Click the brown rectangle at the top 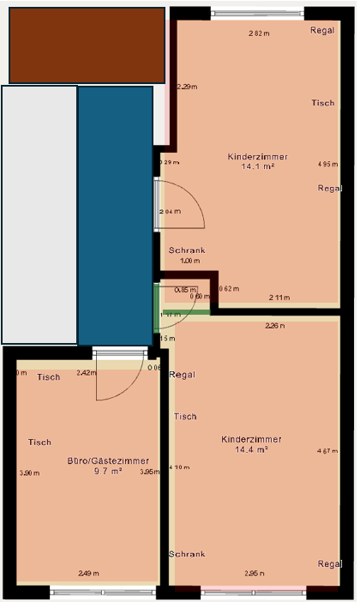point(86,45)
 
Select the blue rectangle point(115,214)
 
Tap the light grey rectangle point(39,214)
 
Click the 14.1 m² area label point(257,168)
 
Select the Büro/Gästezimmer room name point(102,461)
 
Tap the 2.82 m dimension point(259,34)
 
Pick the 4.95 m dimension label point(327,164)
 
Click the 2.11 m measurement point(279,298)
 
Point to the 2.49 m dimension point(88,573)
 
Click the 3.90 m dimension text point(29,473)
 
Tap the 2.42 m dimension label point(86,373)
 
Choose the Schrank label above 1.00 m point(186,250)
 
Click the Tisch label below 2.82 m point(322,103)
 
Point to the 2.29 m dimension point(187,87)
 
